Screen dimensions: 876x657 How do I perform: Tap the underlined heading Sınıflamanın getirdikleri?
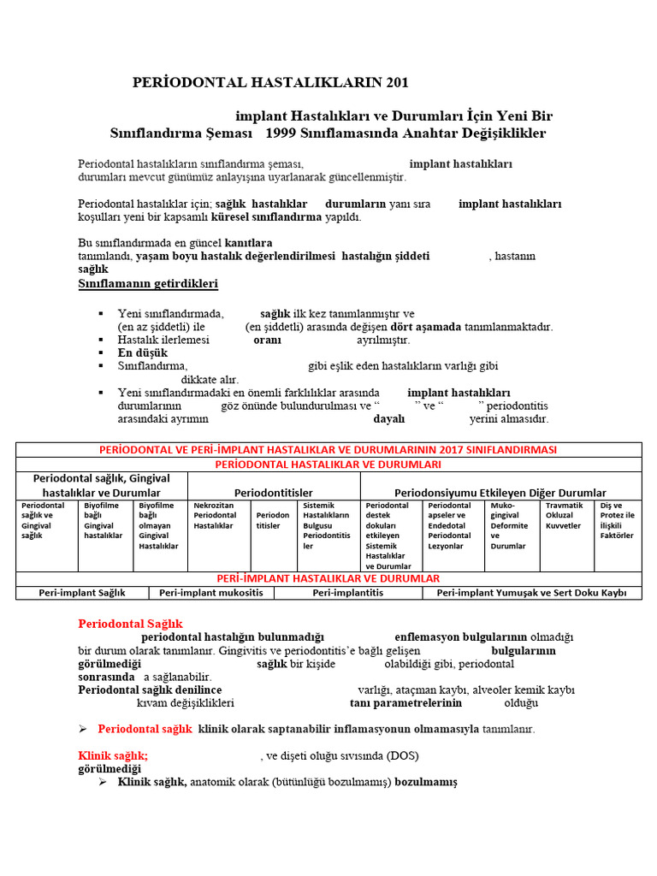point(148,283)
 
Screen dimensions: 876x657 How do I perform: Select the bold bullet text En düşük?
point(143,352)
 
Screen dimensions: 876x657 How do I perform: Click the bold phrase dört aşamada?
point(426,327)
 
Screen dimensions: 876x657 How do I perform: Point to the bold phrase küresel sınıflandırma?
point(266,216)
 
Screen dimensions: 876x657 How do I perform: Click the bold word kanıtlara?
point(248,243)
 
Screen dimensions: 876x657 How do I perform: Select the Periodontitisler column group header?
point(274,493)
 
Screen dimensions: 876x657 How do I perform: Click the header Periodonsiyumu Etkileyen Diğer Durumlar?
point(500,493)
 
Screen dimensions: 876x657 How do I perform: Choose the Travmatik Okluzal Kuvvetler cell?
point(565,516)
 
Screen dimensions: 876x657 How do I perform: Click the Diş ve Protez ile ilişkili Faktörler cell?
point(617,520)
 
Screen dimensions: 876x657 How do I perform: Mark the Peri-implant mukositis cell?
point(210,592)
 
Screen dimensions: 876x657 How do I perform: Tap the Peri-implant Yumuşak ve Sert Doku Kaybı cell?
point(531,592)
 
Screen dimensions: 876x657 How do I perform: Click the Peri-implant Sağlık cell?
point(82,592)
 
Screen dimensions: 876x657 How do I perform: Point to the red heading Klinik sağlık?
point(113,756)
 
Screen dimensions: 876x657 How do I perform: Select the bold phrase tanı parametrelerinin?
point(405,703)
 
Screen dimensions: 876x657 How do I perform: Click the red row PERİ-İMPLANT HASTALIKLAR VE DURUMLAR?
point(328,578)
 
